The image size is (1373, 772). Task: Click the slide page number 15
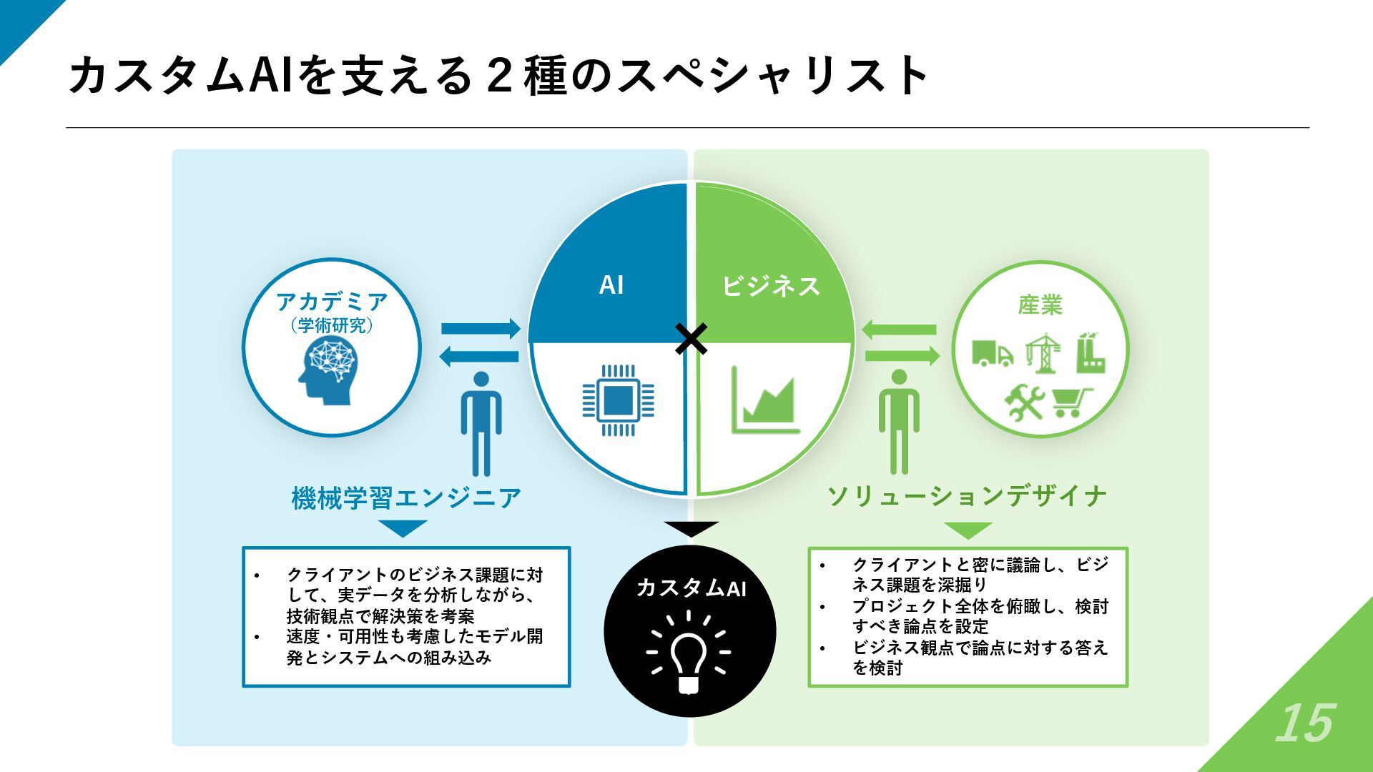pyautogui.click(x=1304, y=723)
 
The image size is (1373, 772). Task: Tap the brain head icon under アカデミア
pyautogui.click(x=328, y=370)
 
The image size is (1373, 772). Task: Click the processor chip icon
pyautogui.click(x=618, y=400)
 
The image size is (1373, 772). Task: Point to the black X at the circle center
pyautogui.click(x=691, y=339)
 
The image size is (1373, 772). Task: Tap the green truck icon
pyautogui.click(x=992, y=352)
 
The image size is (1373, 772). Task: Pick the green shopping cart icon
pyautogui.click(x=1072, y=402)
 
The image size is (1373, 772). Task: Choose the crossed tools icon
pyautogui.click(x=1024, y=402)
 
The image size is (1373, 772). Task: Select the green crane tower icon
pyautogui.click(x=1043, y=352)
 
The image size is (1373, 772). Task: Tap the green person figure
pyautogui.click(x=899, y=422)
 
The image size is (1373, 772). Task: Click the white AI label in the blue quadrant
pyautogui.click(x=611, y=285)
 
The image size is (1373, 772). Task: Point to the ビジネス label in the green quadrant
pyautogui.click(x=770, y=286)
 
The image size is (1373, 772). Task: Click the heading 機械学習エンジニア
pyautogui.click(x=406, y=498)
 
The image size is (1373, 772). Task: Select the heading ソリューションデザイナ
pyautogui.click(x=967, y=495)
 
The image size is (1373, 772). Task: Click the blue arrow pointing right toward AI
pyautogui.click(x=481, y=329)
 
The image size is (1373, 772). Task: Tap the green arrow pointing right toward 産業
pyautogui.click(x=902, y=355)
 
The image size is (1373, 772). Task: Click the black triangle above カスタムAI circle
pyautogui.click(x=691, y=529)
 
